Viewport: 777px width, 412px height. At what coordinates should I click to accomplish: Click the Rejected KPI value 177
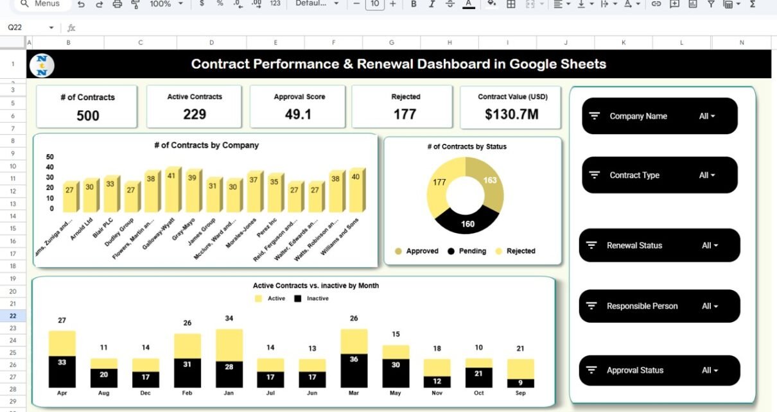pyautogui.click(x=406, y=114)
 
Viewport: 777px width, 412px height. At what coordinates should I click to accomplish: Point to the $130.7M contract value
pyautogui.click(x=512, y=115)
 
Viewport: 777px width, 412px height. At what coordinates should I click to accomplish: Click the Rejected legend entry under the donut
pyautogui.click(x=515, y=251)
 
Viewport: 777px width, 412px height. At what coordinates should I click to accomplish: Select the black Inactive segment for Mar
pyautogui.click(x=354, y=370)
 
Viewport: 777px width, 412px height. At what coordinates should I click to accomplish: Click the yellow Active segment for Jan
pyautogui.click(x=229, y=343)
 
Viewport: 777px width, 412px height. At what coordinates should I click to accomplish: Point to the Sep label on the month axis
pyautogui.click(x=520, y=393)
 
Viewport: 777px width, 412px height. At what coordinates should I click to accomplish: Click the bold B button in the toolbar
pyautogui.click(x=414, y=4)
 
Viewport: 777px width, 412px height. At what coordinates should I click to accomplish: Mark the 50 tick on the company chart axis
pyautogui.click(x=50, y=157)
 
